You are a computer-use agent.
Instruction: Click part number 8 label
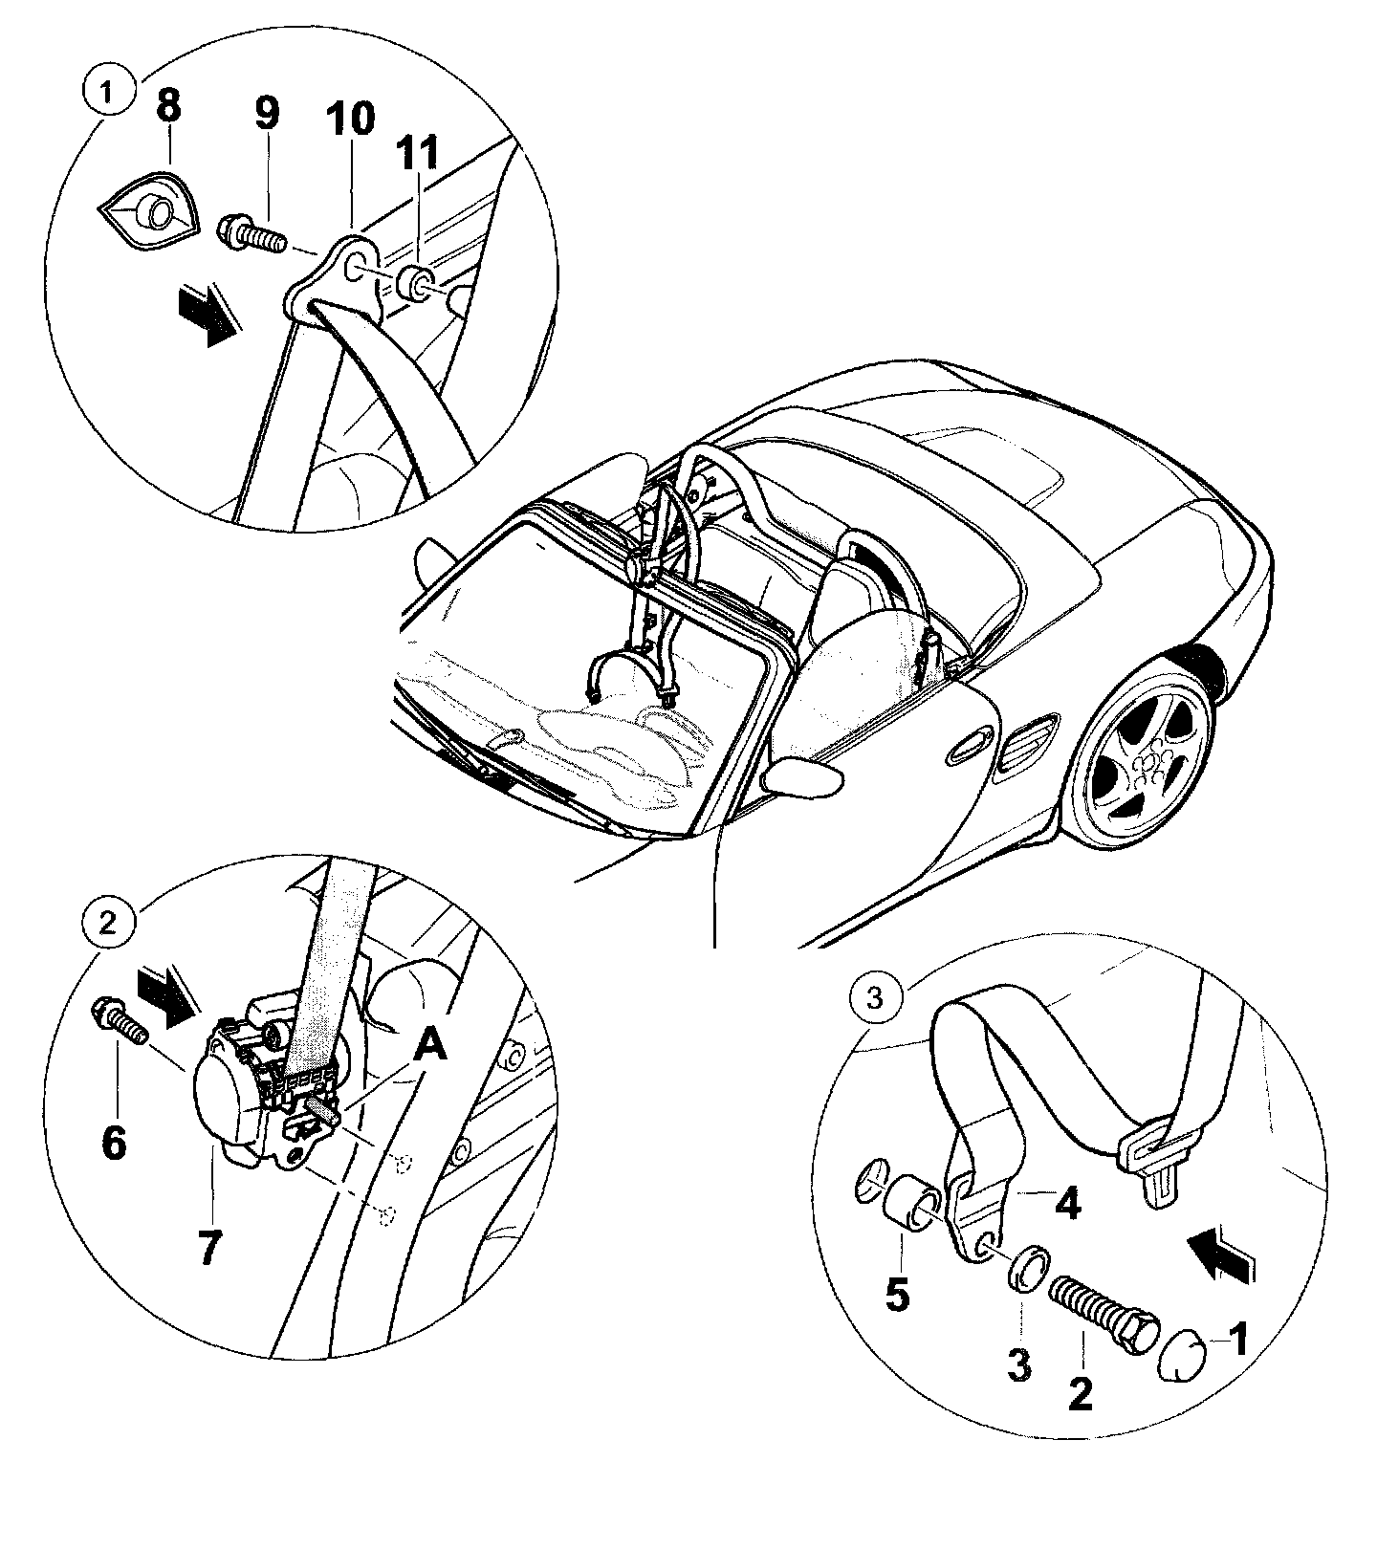pos(168,107)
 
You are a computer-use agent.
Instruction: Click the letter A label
pos(430,1048)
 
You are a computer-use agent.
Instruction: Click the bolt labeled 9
pos(251,232)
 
